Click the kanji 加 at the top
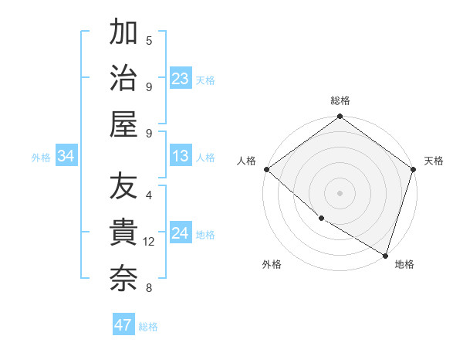124,33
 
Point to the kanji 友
124,188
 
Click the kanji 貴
124,233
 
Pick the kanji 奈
124,279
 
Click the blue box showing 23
181,79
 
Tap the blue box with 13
181,157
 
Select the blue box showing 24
181,234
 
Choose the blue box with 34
66,157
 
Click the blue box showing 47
123,325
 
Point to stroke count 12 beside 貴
150,242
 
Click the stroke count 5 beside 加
149,40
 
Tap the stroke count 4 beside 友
149,195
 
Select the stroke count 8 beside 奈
149,288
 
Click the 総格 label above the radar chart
340,101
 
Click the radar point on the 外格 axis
321,218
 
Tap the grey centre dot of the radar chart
340,192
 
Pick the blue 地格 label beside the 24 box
205,235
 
